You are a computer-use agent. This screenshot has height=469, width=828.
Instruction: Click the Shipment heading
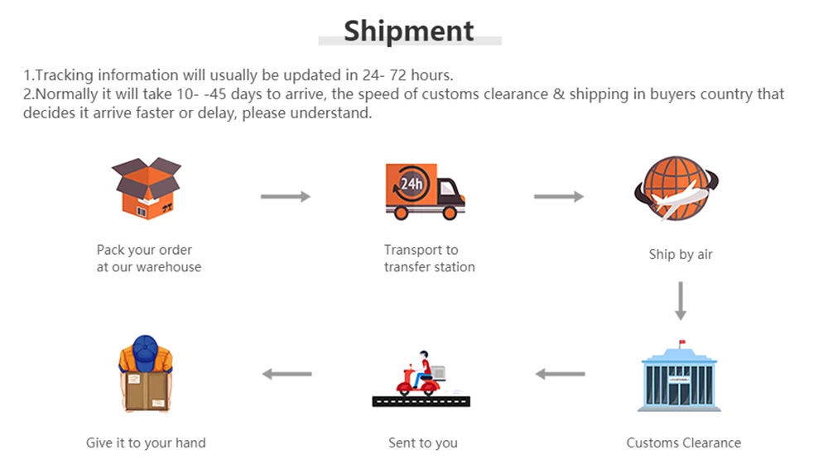pos(409,31)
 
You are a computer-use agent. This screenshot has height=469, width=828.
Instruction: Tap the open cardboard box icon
pos(147,188)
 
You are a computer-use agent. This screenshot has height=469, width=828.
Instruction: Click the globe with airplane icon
pos(676,190)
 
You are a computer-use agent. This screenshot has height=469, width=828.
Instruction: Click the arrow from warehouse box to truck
pos(286,196)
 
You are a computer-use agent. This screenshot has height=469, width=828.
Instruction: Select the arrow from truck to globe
pos(559,196)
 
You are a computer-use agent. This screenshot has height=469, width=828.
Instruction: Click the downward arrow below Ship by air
pos(681,301)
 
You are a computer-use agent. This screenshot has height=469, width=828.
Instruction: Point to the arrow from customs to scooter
pos(561,374)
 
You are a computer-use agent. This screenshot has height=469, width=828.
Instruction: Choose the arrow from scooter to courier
pos(287,374)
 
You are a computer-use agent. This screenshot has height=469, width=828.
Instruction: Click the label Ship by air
pos(681,255)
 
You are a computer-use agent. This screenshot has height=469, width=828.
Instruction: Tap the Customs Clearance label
pos(683,443)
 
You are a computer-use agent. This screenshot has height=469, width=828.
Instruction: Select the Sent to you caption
pos(422,443)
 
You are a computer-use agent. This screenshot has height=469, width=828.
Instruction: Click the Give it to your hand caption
pos(146,443)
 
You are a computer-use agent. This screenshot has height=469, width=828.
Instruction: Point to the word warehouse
pos(169,267)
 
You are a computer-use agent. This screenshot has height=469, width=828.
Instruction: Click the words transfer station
pos(429,267)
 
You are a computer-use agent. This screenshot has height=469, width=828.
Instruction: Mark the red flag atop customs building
pos(682,342)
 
